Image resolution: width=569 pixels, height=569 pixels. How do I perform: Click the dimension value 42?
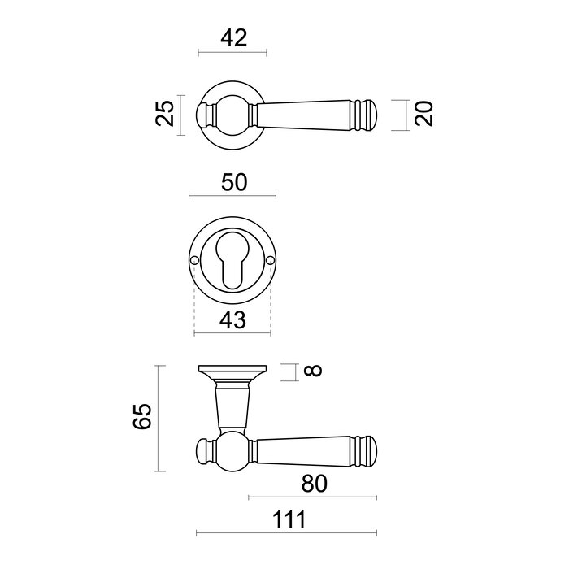(x=232, y=37)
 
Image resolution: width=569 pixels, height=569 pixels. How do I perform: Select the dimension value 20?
(x=423, y=114)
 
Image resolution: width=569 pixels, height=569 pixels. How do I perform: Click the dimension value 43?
(x=232, y=321)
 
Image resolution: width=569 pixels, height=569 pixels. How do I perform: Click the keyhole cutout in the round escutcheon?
(x=232, y=263)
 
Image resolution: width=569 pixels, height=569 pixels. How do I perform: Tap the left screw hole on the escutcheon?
(x=195, y=260)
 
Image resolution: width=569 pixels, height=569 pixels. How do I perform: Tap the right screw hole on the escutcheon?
(x=270, y=260)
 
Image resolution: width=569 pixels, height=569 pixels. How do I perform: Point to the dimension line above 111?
(x=289, y=534)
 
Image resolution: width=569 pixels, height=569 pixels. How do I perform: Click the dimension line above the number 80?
(x=313, y=497)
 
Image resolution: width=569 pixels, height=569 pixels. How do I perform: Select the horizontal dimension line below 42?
(x=232, y=54)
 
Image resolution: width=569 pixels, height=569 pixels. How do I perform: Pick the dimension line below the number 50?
(x=232, y=197)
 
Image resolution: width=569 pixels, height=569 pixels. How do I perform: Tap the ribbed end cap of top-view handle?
(x=367, y=114)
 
